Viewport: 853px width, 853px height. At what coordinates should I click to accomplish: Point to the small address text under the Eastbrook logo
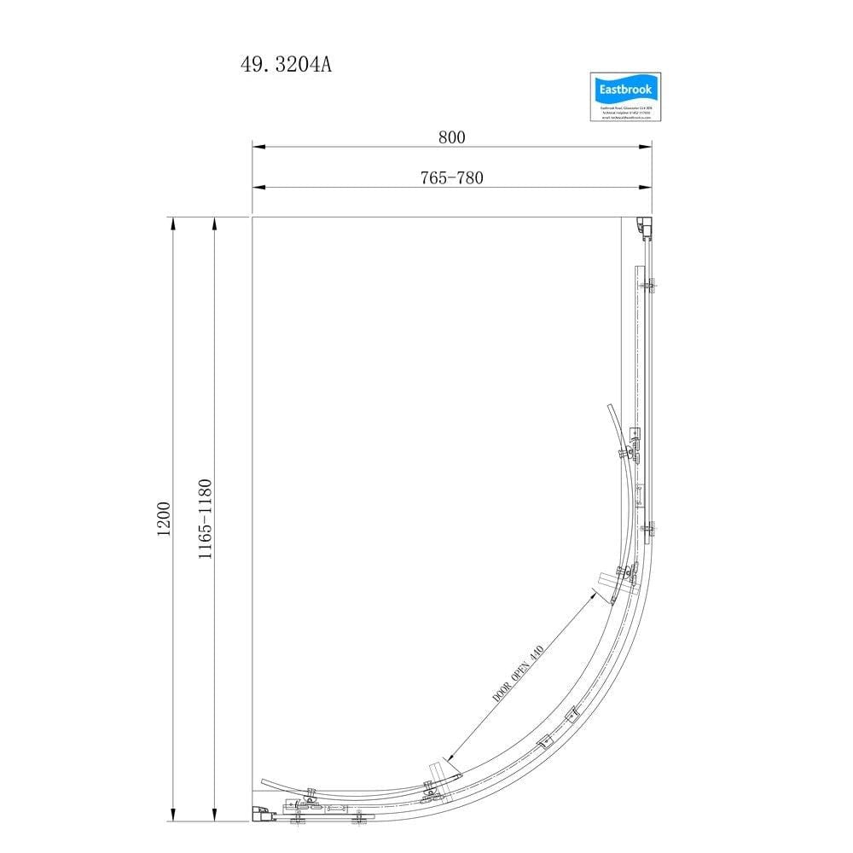pos(621,113)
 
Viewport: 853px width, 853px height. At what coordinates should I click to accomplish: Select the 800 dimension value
pos(451,137)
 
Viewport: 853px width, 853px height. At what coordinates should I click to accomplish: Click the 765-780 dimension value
pos(451,177)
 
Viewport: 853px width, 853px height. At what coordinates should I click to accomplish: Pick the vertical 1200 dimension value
pos(165,518)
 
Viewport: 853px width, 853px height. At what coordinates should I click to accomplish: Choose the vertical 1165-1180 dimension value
pos(205,518)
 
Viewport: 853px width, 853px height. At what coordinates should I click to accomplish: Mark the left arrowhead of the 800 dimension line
pos(258,148)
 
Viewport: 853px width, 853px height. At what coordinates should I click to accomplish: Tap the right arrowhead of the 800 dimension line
pos(646,148)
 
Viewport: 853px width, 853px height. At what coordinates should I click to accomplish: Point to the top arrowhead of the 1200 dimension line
pos(173,223)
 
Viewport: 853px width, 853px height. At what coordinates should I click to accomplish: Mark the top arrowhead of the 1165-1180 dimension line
pos(213,223)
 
